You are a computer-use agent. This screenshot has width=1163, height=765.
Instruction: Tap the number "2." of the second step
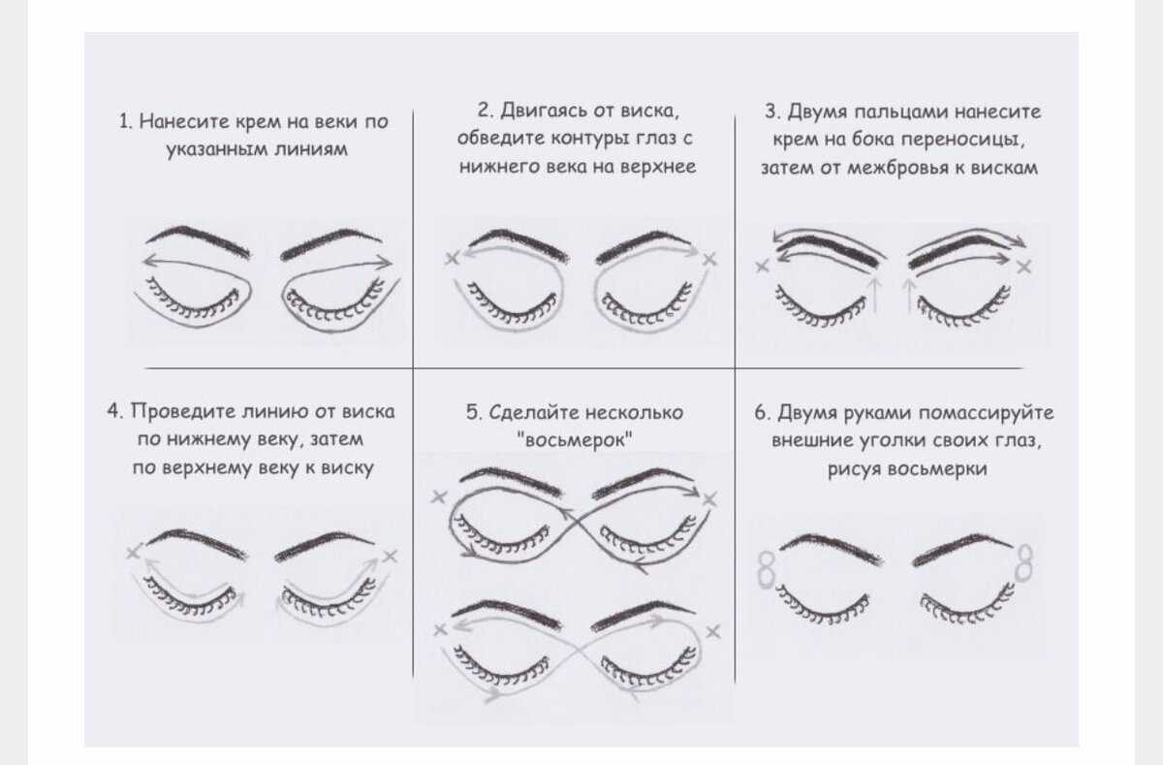pos(486,111)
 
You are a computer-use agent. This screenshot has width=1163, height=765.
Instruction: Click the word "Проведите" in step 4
pos(183,411)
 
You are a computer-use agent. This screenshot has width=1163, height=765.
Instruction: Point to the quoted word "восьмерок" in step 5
pos(575,440)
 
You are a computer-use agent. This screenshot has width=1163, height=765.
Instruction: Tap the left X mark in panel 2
pos(452,258)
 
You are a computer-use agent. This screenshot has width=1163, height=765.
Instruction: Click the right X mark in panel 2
pos(709,259)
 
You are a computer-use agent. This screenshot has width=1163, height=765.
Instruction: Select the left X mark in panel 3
pos(762,267)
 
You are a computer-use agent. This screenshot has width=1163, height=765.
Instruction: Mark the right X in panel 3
pos(1023,268)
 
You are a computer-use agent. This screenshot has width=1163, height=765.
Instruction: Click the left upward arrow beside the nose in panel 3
pos(875,295)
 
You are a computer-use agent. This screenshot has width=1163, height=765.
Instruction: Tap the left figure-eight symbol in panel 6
pos(766,571)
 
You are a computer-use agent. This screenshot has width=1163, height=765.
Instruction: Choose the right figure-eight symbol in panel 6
pos(1024,562)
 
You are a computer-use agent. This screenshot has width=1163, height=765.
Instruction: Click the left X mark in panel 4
pos(134,552)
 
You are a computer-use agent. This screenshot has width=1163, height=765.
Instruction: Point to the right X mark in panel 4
pos(390,557)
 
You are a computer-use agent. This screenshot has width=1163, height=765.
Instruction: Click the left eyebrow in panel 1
pos(198,240)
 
